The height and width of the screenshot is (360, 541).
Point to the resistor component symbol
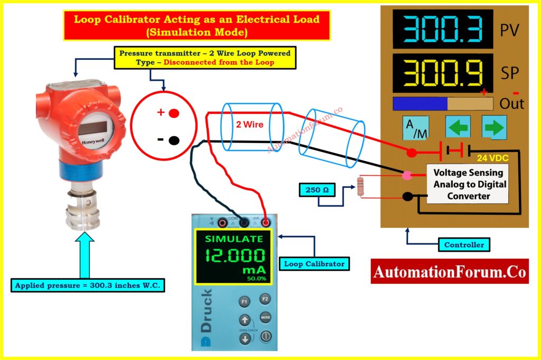tap(361, 187)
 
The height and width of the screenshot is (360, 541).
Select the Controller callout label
tap(463, 245)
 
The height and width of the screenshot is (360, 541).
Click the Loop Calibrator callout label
tap(314, 263)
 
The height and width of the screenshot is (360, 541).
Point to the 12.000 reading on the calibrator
tap(236, 257)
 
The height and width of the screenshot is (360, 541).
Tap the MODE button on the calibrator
tap(265, 318)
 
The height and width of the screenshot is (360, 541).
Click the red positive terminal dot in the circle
tap(174, 113)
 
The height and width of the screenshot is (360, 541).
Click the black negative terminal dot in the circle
tap(174, 140)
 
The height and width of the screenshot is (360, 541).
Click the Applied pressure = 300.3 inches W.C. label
tap(88, 286)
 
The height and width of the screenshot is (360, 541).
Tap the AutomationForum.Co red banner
tap(450, 271)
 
